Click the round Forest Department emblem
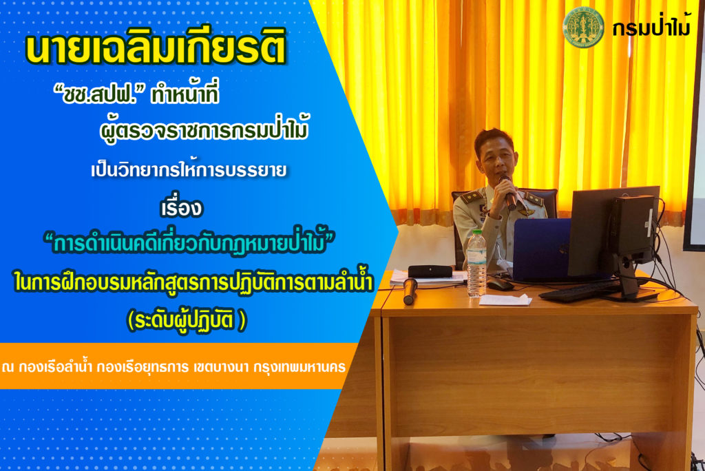click(584, 28)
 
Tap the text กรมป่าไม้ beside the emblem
click(651, 28)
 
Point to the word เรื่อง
click(182, 208)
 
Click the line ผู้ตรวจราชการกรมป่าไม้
click(204, 130)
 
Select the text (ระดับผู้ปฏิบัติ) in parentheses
click(187, 320)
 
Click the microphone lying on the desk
click(409, 291)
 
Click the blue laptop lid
click(543, 250)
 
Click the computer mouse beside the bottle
click(500, 284)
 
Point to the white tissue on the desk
click(505, 300)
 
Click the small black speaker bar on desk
click(430, 271)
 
